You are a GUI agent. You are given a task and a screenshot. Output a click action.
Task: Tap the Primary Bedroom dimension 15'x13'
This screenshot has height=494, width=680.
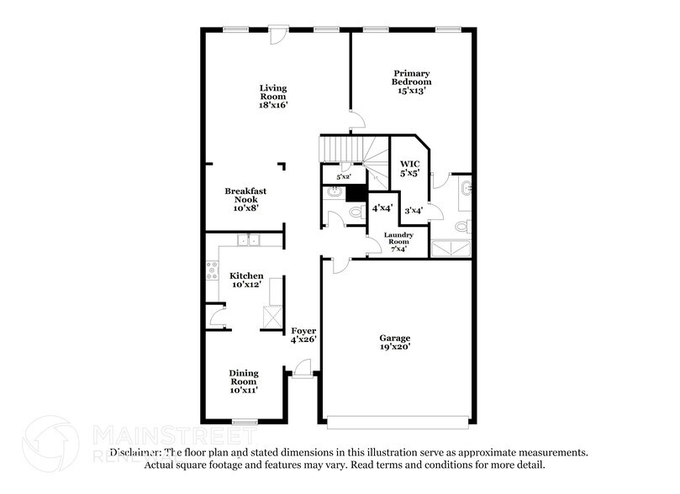point(411,91)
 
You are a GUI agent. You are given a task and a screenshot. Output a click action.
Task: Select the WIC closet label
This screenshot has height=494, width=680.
point(409,164)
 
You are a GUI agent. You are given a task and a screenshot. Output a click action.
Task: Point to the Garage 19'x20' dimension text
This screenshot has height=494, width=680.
point(394,346)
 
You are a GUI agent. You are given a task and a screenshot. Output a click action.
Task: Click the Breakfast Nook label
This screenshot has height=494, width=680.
point(245,192)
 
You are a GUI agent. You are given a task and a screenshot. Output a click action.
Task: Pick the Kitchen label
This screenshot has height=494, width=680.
point(246,276)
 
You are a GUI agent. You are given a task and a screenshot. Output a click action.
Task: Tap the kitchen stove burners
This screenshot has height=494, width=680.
point(212,271)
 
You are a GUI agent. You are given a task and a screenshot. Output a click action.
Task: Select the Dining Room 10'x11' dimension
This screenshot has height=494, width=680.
point(244,390)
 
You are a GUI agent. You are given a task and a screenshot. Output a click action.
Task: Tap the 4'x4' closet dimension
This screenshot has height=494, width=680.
point(383,207)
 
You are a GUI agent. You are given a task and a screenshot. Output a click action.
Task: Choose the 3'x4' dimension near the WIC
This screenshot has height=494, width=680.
point(413,211)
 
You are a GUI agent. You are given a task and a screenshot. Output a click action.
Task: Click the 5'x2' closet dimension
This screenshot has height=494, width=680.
point(343,177)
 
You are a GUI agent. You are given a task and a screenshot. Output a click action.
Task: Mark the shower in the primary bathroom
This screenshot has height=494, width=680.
point(451,248)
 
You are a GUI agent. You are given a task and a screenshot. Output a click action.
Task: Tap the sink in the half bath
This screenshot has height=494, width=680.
point(332,192)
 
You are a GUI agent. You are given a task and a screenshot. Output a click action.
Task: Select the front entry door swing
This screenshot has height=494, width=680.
point(303,367)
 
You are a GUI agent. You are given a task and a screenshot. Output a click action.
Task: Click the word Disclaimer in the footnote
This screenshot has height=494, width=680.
point(134,452)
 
